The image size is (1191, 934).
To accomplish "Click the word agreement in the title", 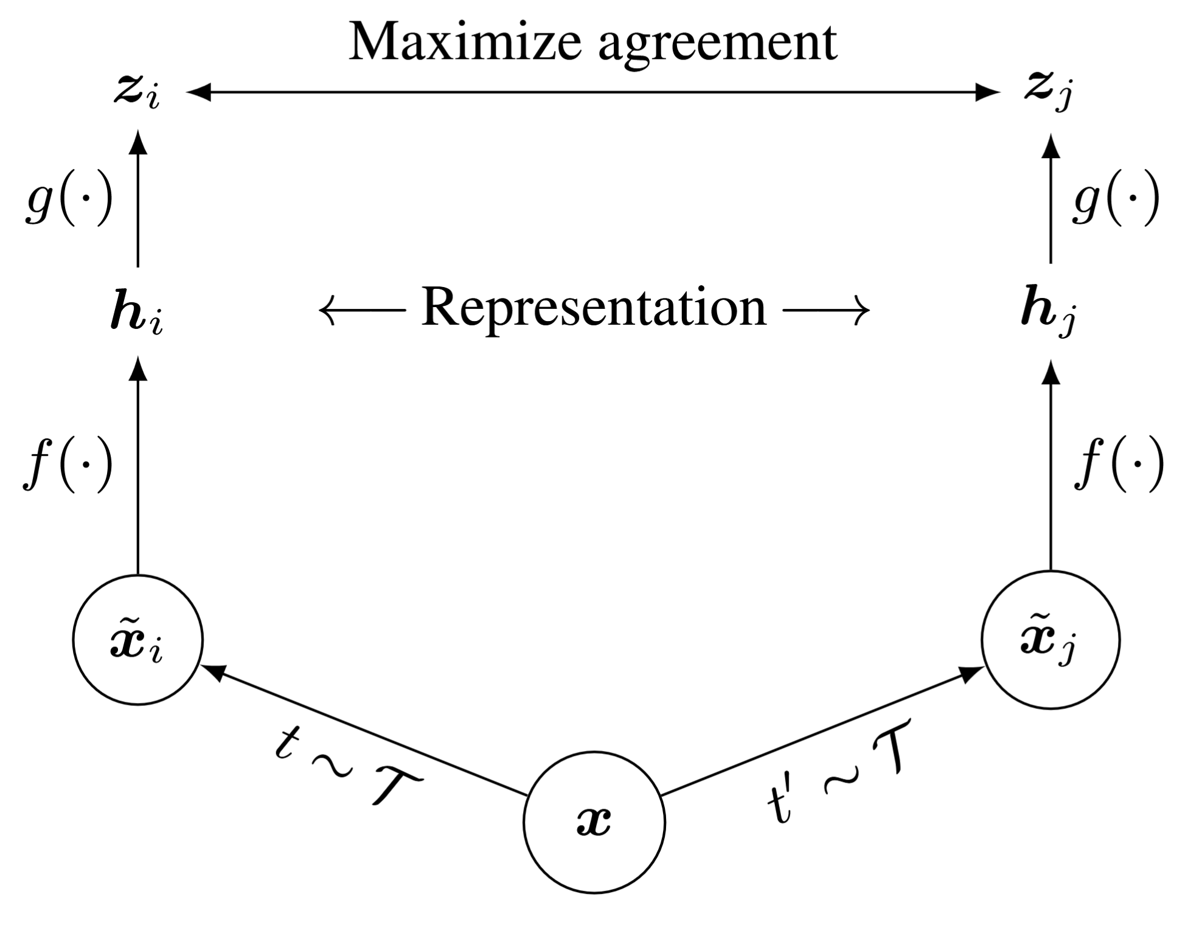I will [718, 44].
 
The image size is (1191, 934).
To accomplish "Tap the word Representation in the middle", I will [594, 309].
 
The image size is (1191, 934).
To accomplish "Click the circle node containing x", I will [594, 822].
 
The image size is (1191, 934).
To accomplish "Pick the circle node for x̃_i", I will [137, 640].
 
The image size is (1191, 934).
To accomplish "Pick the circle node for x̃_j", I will [1050, 640].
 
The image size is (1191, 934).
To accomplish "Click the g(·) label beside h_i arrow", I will [69, 199].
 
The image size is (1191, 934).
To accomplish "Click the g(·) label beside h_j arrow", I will [1116, 199].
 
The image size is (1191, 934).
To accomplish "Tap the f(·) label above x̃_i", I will [68, 465].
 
